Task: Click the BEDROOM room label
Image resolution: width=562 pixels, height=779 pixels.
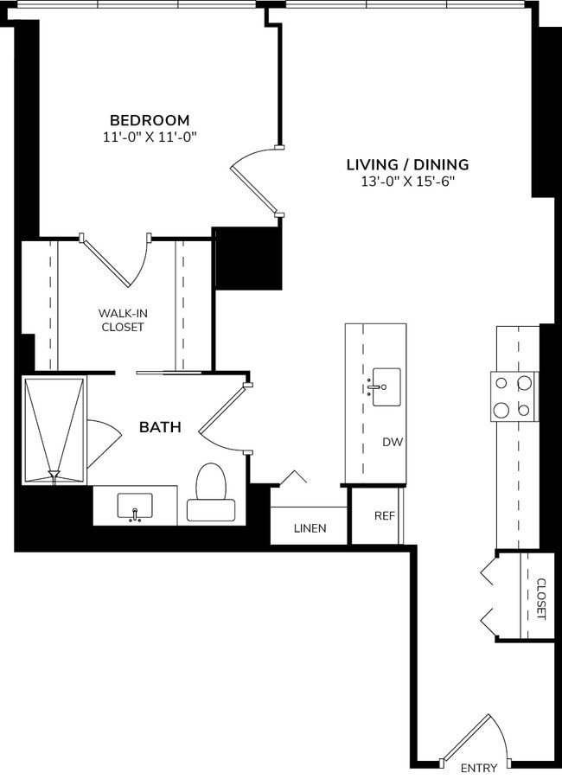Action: coord(149,120)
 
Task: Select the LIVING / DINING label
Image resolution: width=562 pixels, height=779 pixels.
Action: coord(407,164)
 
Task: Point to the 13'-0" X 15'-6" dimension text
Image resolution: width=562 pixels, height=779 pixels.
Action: coord(407,182)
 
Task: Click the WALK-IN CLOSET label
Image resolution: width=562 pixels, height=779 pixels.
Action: coord(121,320)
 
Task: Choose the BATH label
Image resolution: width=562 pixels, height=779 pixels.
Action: coord(160,426)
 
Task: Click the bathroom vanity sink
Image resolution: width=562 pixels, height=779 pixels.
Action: coord(135,507)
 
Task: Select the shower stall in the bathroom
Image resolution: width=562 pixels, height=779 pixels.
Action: coord(54,430)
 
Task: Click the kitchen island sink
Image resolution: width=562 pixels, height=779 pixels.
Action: coord(385,386)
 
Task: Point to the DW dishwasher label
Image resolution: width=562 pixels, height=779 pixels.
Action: coord(393,442)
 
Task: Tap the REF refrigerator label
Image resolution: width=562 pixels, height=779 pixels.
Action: coord(384,515)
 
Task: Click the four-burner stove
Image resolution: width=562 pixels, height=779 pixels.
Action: coord(514,396)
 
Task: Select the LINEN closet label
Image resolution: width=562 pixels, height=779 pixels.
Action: coord(310,528)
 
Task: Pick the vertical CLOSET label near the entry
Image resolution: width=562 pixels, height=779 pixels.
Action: coord(540,598)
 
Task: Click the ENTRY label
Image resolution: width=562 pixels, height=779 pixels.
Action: coord(478,768)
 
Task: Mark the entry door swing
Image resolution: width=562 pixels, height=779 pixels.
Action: coord(471,739)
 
